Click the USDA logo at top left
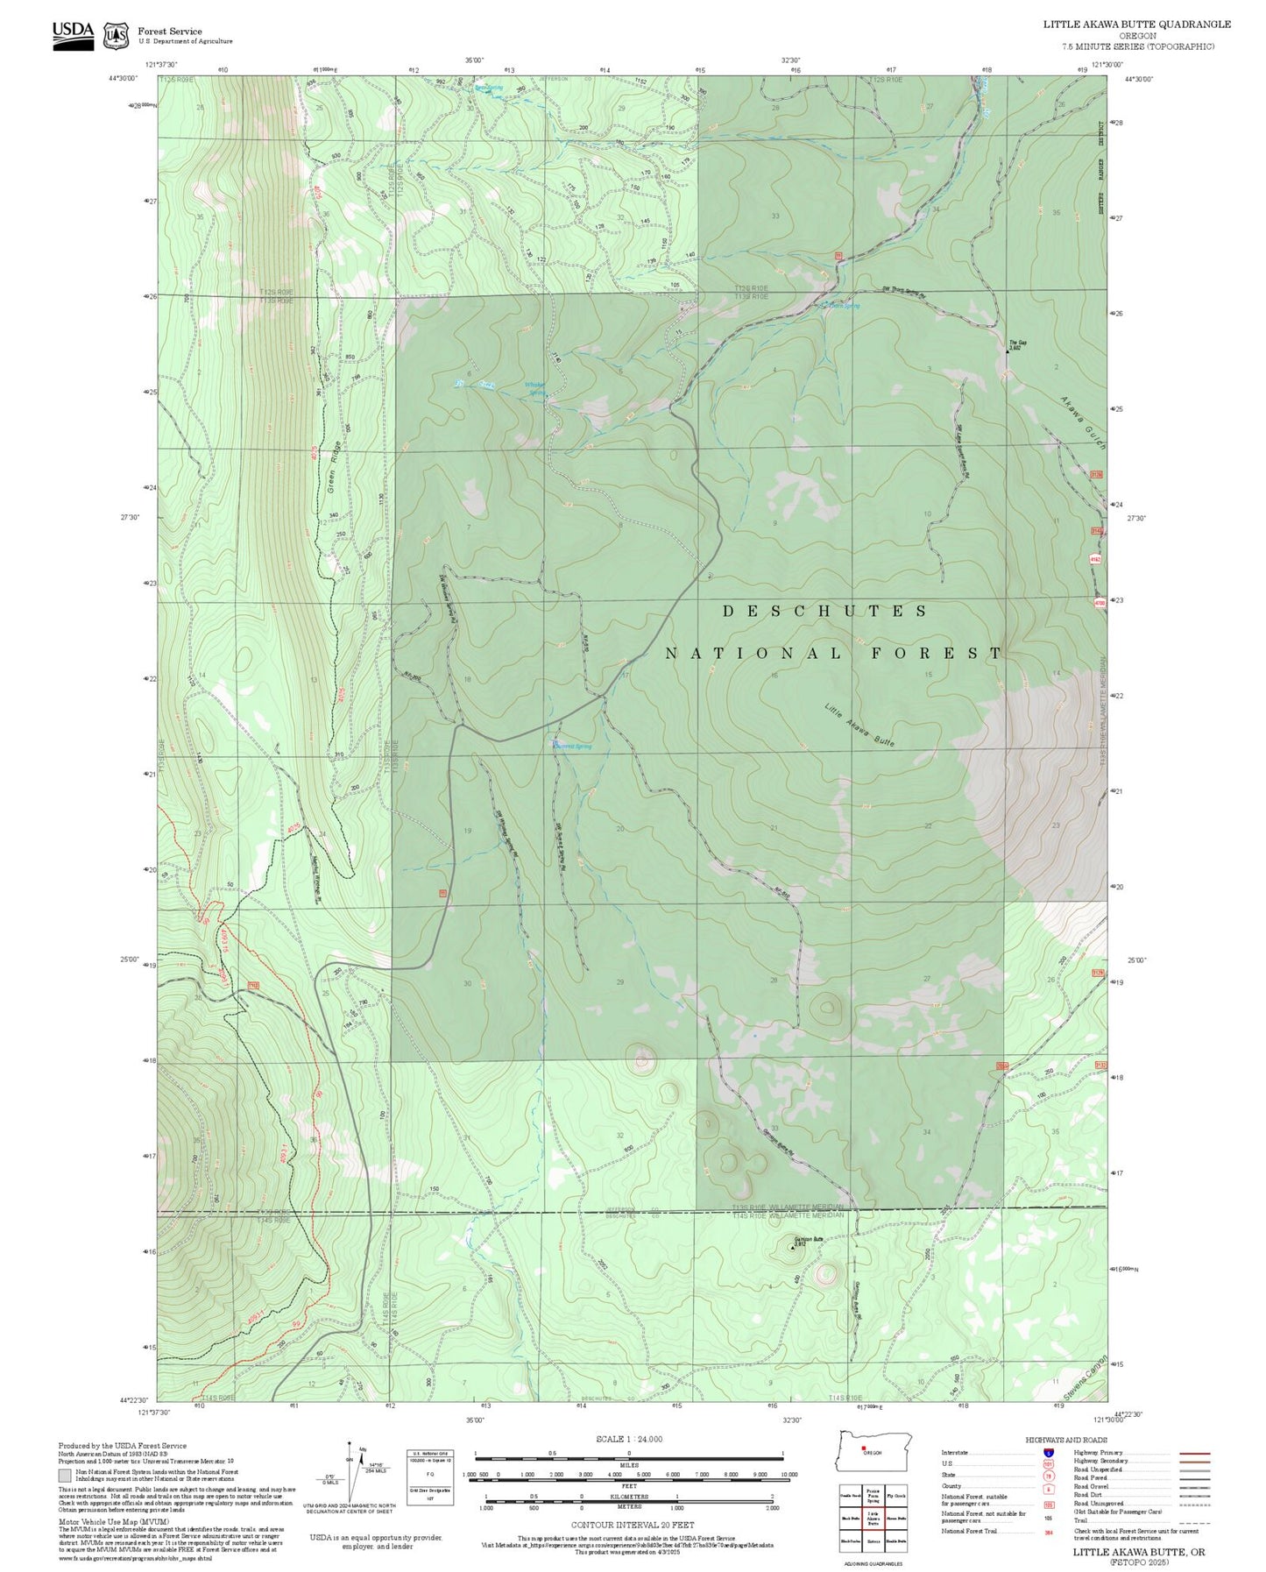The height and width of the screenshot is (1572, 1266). [x=73, y=34]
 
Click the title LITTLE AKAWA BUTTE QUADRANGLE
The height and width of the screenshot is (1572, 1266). [x=1136, y=25]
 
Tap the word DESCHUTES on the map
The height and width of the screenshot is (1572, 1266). [x=824, y=611]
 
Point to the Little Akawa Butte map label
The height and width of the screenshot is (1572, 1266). [x=859, y=725]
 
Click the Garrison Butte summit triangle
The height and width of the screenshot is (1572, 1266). [x=793, y=1248]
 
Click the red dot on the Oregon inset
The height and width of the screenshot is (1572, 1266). [x=863, y=1448]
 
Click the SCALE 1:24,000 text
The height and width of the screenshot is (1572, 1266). [x=628, y=1439]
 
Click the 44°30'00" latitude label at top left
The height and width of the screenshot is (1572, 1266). [x=124, y=78]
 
